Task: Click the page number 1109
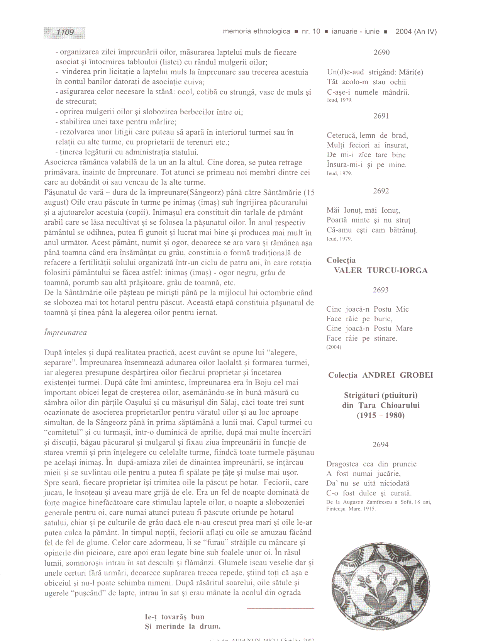pos(65,32)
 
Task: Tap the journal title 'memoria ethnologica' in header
pos(256,32)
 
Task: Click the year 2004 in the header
pos(403,32)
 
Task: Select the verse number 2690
pos(381,53)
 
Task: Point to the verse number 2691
pos(381,116)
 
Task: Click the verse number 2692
pos(381,191)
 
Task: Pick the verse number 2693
pos(381,290)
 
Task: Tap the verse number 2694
pos(381,444)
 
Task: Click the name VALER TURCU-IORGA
pos(381,270)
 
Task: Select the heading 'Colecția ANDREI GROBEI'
pos(381,375)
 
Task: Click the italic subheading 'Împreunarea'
pos(66,332)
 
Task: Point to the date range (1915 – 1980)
pos(381,415)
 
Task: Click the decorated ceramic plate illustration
pos(380,586)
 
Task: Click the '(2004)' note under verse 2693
pos(334,347)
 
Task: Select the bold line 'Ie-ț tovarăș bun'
pos(175,617)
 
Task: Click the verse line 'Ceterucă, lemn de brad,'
pos(367,136)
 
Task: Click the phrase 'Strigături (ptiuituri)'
pos(381,395)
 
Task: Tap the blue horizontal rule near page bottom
pos(280,608)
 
